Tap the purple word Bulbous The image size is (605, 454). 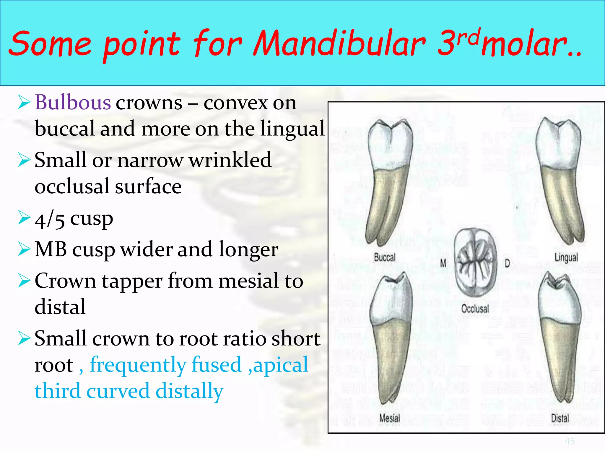click(73, 103)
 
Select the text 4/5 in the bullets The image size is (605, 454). click(49, 220)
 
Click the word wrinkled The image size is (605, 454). click(230, 160)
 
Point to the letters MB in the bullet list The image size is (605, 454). click(51, 249)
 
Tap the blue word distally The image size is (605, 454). click(189, 391)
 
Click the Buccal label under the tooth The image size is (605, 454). click(384, 257)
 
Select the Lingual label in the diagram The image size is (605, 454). click(566, 257)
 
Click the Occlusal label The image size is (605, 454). click(475, 309)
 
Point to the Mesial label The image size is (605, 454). click(390, 418)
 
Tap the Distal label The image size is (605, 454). click(560, 418)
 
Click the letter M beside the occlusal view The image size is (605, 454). click(443, 263)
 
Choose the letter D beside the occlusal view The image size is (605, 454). click(507, 263)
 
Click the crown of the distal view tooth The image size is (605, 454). click(559, 301)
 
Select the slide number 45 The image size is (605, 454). click(570, 441)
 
